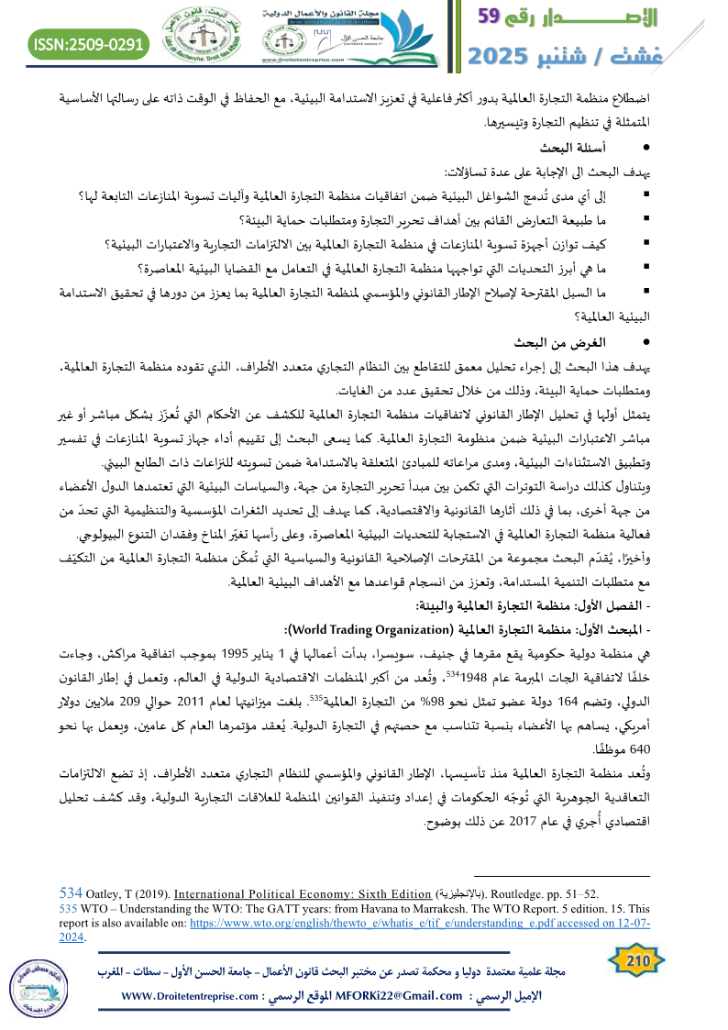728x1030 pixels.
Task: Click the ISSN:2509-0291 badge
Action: coord(89,43)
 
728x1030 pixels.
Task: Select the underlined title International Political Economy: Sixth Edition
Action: coord(304,892)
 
